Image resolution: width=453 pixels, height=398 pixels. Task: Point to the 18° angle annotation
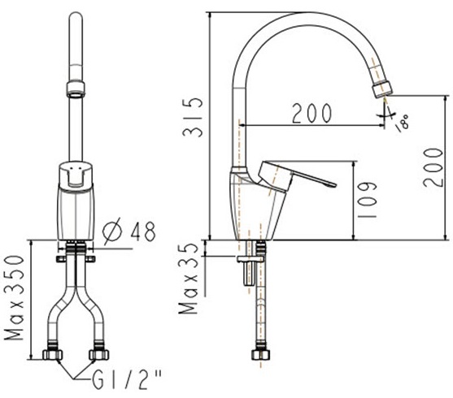tap(400, 123)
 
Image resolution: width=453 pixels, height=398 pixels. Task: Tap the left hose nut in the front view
tap(53, 355)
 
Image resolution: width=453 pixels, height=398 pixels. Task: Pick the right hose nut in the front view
tap(98, 355)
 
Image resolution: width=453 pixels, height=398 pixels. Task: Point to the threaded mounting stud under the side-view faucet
tap(246, 271)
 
